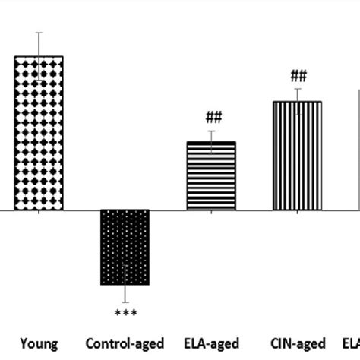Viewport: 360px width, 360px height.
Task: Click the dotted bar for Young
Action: coord(39,133)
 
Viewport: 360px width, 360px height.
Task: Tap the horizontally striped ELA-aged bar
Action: coord(211,175)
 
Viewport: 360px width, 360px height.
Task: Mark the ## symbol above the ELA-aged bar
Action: coord(211,118)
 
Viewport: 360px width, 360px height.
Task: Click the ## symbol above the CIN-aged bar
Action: coord(298,75)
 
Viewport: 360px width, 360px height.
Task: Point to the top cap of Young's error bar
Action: coord(39,33)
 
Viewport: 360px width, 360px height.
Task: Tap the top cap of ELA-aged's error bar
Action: coord(211,131)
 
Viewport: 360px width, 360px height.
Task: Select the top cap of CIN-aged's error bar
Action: coord(297,89)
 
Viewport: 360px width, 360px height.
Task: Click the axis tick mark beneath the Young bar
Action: coord(39,213)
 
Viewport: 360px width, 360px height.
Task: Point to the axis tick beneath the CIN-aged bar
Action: coord(297,213)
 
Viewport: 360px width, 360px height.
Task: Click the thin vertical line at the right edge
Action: coord(358,152)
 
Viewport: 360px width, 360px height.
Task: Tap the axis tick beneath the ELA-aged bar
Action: coord(211,213)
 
